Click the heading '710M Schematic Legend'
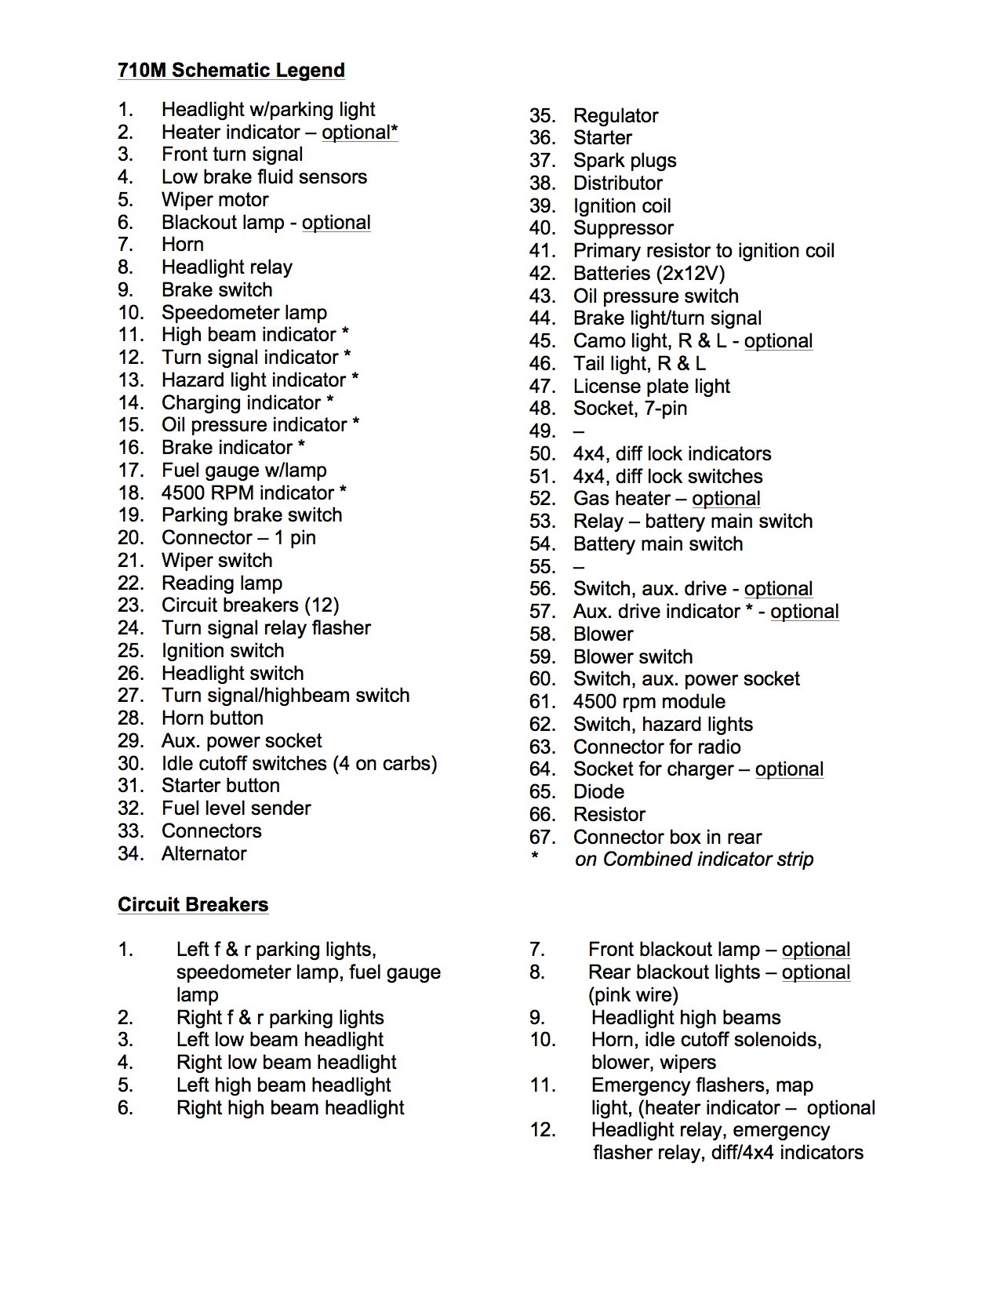coord(231,71)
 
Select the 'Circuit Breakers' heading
coord(193,904)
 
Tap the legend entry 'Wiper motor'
coord(215,199)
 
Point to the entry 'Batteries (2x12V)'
coord(649,274)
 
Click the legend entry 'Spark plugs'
coord(624,161)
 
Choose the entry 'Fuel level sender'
coord(236,809)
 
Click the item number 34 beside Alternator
coord(130,853)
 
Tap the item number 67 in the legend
coord(542,837)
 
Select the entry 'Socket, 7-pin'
coord(630,409)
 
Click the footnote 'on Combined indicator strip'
coord(694,860)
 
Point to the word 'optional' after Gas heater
coord(726,499)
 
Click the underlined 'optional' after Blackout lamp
coord(336,222)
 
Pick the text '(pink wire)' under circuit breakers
coord(633,995)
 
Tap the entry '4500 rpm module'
coord(649,702)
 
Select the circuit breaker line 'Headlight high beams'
coord(685,1018)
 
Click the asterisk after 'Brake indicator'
coord(301,446)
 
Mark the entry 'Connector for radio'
coord(656,747)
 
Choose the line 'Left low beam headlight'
coord(280,1040)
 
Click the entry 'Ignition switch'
coord(223,651)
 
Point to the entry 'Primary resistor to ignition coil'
coord(704,251)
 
